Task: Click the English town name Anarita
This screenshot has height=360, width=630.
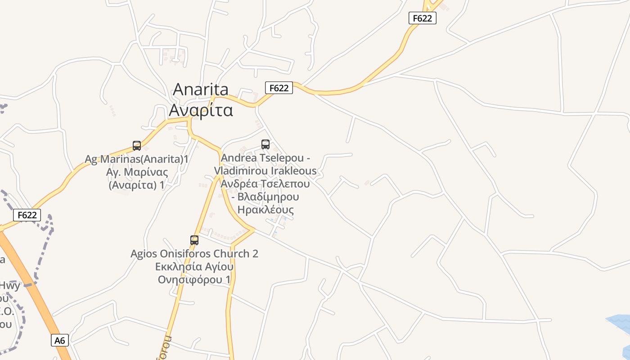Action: coord(201,89)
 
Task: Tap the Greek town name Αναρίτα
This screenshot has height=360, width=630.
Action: coord(201,110)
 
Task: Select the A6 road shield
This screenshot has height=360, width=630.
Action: coord(60,340)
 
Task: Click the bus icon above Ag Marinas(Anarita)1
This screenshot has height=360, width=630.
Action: coord(137,146)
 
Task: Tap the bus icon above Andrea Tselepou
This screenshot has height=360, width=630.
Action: coord(265,144)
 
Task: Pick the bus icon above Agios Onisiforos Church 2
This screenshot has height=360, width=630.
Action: coord(194,240)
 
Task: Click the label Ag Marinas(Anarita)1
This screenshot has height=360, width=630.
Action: coord(137,159)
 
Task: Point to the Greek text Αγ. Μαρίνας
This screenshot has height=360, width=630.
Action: coord(137,172)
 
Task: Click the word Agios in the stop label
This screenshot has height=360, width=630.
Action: coord(145,254)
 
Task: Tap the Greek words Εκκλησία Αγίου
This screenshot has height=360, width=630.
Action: coord(194,266)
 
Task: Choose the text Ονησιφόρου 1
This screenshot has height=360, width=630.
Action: coord(194,279)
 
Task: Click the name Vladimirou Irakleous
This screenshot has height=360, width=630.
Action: coord(265,171)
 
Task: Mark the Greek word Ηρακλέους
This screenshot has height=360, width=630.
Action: coord(265,210)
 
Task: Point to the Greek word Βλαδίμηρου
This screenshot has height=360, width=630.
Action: coord(268,197)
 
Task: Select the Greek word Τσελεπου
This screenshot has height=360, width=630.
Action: coord(287,184)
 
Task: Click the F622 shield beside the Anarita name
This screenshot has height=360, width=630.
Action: coord(279,88)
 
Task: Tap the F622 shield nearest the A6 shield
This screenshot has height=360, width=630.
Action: coord(27,215)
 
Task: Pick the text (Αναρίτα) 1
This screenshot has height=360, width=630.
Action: coord(137,185)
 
